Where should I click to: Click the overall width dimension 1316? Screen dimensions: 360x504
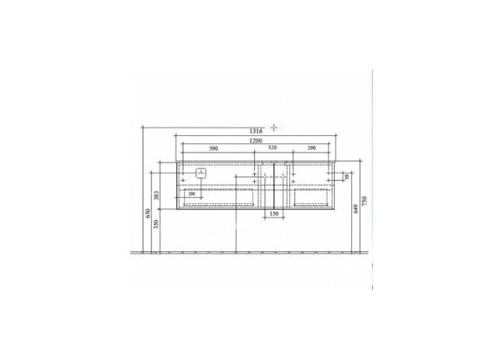[256, 130]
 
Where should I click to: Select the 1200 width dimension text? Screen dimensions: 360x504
[256, 142]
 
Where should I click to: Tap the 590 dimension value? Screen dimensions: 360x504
[213, 148]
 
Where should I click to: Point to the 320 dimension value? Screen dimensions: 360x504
[271, 148]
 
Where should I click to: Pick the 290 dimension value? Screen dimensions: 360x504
[312, 148]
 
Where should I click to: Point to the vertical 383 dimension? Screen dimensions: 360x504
[156, 195]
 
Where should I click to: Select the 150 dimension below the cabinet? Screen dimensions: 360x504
[273, 214]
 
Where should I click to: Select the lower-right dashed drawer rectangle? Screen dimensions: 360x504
[311, 197]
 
